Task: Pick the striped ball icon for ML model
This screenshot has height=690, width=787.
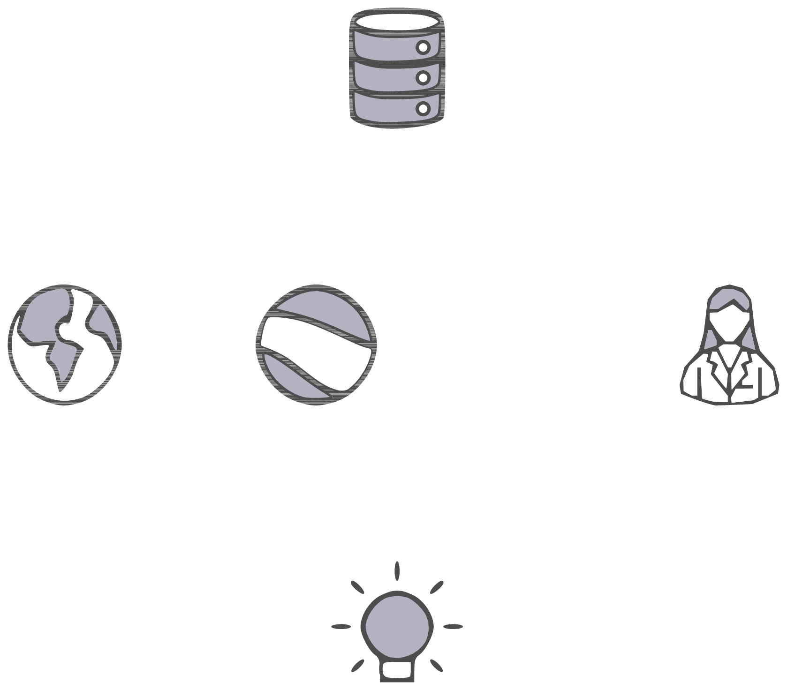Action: pos(317,345)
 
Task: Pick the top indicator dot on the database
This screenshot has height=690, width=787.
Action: pos(423,47)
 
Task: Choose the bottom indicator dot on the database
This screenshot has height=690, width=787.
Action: pos(423,108)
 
